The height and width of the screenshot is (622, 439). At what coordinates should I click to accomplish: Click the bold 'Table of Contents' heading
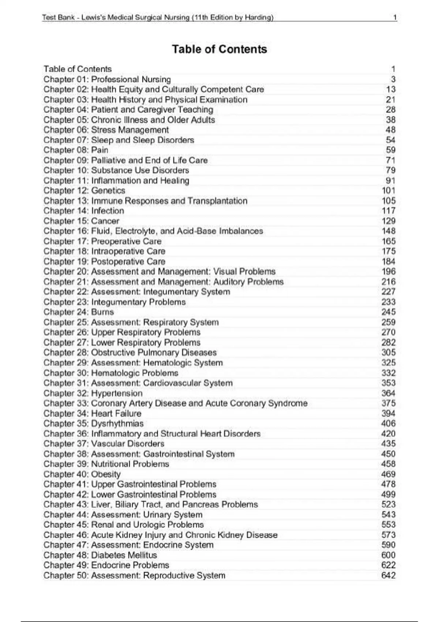click(x=219, y=49)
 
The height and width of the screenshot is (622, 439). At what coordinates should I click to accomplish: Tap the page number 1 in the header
click(x=395, y=17)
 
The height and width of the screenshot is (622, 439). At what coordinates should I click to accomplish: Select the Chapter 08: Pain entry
click(x=76, y=150)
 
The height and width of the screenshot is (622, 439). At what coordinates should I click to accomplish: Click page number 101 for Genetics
click(x=389, y=191)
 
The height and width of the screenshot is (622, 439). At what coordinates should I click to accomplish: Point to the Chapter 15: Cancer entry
click(x=81, y=221)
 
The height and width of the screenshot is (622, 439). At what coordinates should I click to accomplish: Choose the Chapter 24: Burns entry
click(x=79, y=312)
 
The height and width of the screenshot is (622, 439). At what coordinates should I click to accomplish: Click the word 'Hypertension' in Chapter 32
click(x=117, y=393)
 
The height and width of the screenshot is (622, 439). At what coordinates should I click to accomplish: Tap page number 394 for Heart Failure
click(x=389, y=413)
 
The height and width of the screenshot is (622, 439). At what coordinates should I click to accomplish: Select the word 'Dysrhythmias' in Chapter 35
click(x=117, y=424)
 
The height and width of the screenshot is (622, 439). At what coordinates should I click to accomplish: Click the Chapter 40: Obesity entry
click(x=82, y=474)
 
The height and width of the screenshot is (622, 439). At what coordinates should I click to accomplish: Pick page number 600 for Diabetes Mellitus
click(x=389, y=555)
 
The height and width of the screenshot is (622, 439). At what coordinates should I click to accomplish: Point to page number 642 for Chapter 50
click(x=389, y=576)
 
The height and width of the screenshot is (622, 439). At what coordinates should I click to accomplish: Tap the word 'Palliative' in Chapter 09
click(x=108, y=160)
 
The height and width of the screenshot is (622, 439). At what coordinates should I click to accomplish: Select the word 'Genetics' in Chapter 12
click(x=108, y=191)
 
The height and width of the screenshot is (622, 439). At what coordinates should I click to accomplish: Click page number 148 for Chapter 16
click(x=389, y=231)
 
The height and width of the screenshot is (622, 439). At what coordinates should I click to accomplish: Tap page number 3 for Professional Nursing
click(x=393, y=79)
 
